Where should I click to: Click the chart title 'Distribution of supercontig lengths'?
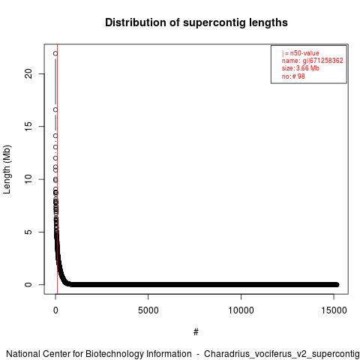pyautogui.click(x=196, y=22)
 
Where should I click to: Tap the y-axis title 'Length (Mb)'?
pyautogui.click(x=7, y=169)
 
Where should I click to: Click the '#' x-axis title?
pyautogui.click(x=196, y=332)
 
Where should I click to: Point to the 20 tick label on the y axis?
pyautogui.click(x=28, y=73)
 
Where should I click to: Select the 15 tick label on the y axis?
pyautogui.click(x=28, y=127)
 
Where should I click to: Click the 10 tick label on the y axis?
pyautogui.click(x=28, y=179)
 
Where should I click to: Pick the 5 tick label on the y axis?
pyautogui.click(x=28, y=232)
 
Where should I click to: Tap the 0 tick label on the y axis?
pyautogui.click(x=28, y=285)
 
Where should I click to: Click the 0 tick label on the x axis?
pyautogui.click(x=55, y=310)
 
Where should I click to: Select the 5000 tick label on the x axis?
pyautogui.click(x=148, y=310)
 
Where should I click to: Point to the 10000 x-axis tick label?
pyautogui.click(x=241, y=310)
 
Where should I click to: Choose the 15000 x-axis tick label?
pyautogui.click(x=334, y=310)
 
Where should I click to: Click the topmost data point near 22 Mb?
pyautogui.click(x=55, y=53)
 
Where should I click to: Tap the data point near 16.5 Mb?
pyautogui.click(x=55, y=109)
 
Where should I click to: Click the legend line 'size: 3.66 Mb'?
pyautogui.click(x=301, y=68)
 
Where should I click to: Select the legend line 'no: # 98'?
pyautogui.click(x=293, y=76)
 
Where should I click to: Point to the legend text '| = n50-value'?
pyautogui.click(x=301, y=53)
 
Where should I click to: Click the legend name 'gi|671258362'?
pyautogui.click(x=323, y=61)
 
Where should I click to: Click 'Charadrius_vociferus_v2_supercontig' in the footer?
pyautogui.click(x=282, y=354)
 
